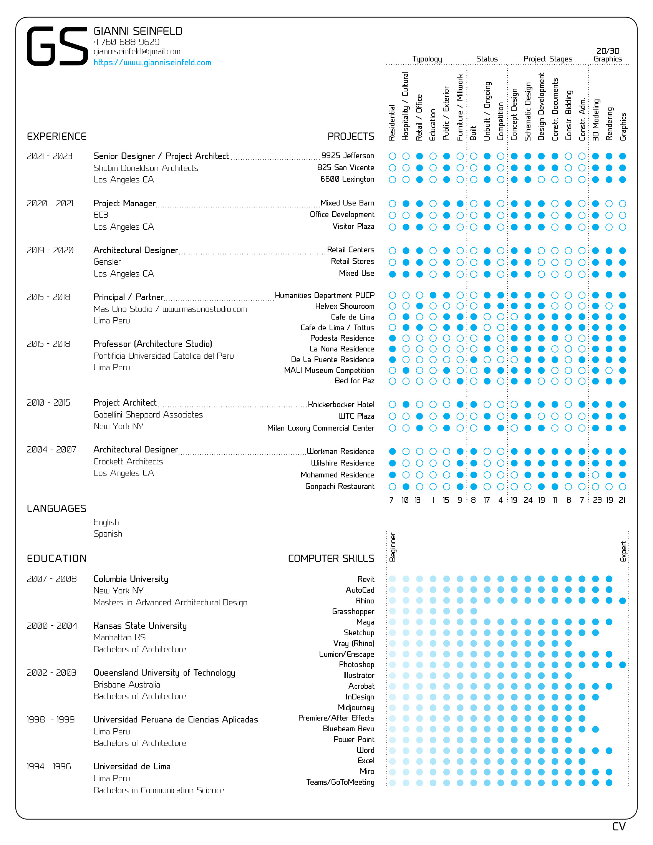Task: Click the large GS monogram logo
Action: click(x=57, y=46)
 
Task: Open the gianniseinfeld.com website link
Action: click(x=152, y=63)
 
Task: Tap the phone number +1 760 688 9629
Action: click(x=126, y=42)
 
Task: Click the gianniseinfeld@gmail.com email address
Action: click(x=137, y=51)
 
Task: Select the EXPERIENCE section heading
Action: click(x=56, y=137)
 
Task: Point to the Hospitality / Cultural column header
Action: click(x=405, y=106)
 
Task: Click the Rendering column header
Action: click(x=609, y=124)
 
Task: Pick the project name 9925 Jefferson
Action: click(x=348, y=156)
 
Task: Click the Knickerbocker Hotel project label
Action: click(x=341, y=405)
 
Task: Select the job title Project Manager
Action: click(x=124, y=203)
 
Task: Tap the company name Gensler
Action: click(x=107, y=262)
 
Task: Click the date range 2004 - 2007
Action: click(x=51, y=450)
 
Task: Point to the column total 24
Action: click(x=528, y=500)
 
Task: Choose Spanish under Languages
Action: click(x=108, y=534)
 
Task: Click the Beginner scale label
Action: click(x=393, y=547)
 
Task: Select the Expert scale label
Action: click(x=623, y=551)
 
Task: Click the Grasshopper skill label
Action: click(x=353, y=612)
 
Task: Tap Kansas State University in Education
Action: click(x=140, y=626)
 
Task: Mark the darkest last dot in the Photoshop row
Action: click(x=622, y=665)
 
